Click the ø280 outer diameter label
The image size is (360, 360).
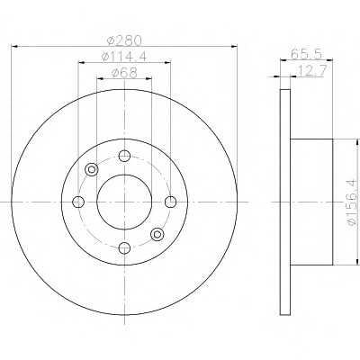point(124,40)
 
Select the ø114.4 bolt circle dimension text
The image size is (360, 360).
point(124,57)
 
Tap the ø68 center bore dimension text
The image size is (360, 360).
point(124,73)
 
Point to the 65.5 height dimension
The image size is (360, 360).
point(307,54)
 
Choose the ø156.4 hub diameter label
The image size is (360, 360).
point(355,202)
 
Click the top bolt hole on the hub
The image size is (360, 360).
point(124,156)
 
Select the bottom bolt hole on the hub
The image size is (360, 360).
point(124,247)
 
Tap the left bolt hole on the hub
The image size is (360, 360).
point(78,202)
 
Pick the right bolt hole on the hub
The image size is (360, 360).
point(171,202)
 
